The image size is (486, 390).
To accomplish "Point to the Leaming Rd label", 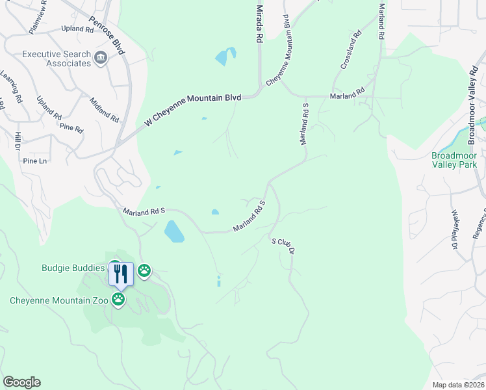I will click(12, 82).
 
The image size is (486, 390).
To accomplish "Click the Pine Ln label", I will click(35, 161).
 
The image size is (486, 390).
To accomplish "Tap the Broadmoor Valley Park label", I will click(454, 160).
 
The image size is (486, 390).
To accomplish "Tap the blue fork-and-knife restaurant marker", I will click(121, 273).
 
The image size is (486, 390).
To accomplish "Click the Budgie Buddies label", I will click(73, 268).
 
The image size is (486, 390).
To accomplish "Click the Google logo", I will click(21, 382).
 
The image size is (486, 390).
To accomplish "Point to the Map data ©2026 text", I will click(458, 385).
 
